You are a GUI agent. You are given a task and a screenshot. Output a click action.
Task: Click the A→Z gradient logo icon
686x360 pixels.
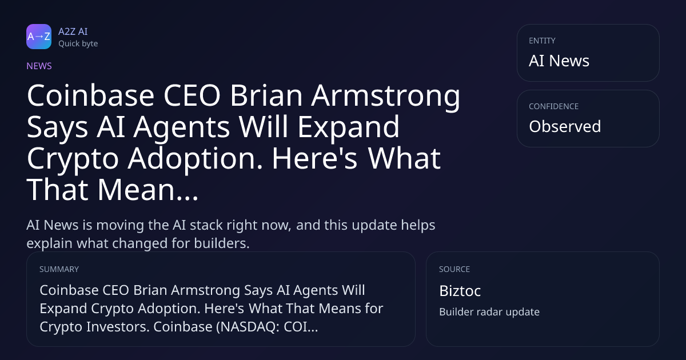[39, 37]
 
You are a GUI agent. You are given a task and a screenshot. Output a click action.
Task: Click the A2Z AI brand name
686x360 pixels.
[73, 31]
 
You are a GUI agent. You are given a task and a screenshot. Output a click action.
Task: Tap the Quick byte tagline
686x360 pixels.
[78, 44]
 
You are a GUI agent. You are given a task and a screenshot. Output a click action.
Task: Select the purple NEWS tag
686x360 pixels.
[39, 66]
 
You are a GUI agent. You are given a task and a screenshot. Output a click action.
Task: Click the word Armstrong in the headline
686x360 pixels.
[385, 96]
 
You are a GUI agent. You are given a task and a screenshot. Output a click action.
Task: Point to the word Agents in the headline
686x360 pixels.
[182, 127]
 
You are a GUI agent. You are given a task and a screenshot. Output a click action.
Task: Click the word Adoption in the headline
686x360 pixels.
[196, 159]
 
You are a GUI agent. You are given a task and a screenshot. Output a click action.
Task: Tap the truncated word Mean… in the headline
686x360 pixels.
[148, 190]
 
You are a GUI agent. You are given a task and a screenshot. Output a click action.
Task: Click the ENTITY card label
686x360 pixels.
[542, 41]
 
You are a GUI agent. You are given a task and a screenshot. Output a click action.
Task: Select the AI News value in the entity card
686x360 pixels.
[559, 61]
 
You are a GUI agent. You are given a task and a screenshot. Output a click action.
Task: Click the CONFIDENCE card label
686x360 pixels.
[554, 106]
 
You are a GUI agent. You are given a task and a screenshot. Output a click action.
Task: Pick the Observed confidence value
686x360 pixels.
[565, 126]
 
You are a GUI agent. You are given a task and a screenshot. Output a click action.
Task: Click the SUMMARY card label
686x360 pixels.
[59, 269]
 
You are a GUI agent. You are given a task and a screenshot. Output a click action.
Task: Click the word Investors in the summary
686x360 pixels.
[118, 327]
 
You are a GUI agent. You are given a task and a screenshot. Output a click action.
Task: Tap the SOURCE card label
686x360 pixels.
[454, 269]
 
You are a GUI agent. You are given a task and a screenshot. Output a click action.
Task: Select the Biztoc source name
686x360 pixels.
[460, 291]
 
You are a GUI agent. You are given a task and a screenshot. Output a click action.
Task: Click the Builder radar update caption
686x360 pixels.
[489, 312]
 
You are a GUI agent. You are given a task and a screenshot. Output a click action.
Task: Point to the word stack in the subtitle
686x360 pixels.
[206, 225]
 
